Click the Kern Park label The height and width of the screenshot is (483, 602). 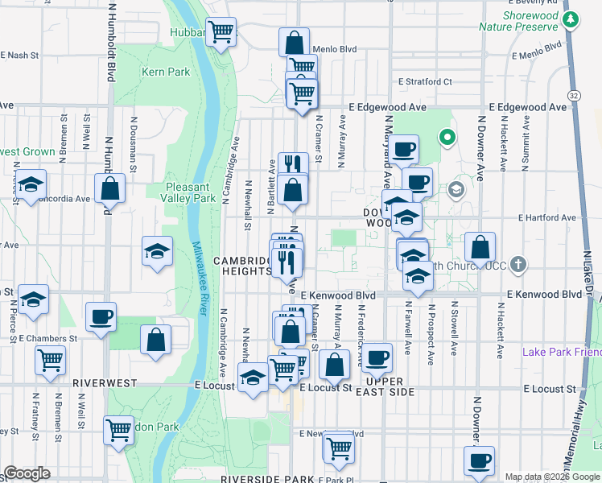(x=166, y=72)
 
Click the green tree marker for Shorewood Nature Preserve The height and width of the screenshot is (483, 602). (x=571, y=19)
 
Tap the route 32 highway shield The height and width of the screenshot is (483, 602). (x=572, y=94)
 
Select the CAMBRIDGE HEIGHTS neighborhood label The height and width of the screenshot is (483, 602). (x=241, y=266)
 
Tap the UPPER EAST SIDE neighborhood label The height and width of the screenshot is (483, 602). (x=390, y=386)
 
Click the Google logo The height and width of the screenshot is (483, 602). (x=26, y=473)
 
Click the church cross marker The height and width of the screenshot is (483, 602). (x=519, y=263)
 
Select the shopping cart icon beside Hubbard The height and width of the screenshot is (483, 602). (x=221, y=32)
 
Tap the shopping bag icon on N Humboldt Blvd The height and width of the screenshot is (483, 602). (x=109, y=190)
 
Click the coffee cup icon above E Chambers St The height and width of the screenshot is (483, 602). (x=101, y=316)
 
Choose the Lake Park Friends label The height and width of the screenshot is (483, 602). (x=561, y=352)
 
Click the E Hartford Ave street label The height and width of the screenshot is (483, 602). (x=547, y=217)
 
